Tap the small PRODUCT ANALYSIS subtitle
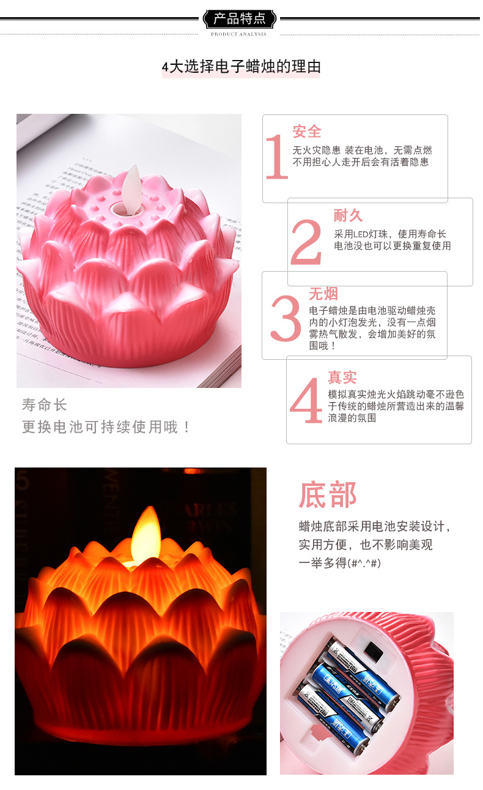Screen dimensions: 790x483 point(238,34)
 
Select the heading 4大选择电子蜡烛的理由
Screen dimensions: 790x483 point(241,67)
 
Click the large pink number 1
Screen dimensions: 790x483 point(276,157)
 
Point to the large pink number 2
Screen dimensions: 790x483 point(306,243)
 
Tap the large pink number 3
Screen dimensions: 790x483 point(286,319)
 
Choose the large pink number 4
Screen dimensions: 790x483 point(306,401)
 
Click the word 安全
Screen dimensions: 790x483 point(307,132)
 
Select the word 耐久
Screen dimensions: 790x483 point(348,215)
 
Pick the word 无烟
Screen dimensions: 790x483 point(323,294)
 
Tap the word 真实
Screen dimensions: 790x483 point(342,377)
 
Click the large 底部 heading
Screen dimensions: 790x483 point(328,495)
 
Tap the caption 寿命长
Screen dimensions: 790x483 point(45,404)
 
